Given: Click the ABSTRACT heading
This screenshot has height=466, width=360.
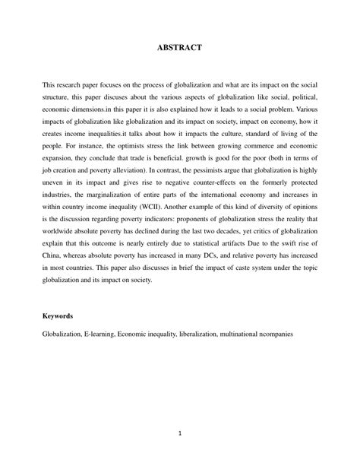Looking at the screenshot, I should tap(179, 47).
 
